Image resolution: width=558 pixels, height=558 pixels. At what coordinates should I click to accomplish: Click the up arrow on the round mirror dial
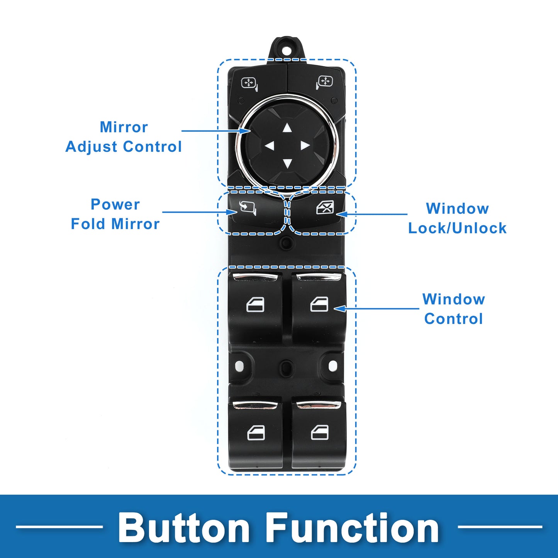pyautogui.click(x=287, y=128)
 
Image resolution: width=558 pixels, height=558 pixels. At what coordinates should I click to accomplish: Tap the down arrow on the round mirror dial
pyautogui.click(x=287, y=163)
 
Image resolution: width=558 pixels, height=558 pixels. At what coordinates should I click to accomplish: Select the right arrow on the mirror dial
pyautogui.click(x=305, y=146)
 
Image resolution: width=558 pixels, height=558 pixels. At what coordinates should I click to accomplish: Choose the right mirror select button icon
pyautogui.click(x=324, y=82)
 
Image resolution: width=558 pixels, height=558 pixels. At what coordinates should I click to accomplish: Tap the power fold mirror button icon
pyautogui.click(x=248, y=207)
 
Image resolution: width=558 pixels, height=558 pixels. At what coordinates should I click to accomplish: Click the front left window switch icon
pyautogui.click(x=255, y=305)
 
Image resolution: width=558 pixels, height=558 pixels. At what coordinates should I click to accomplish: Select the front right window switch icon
pyautogui.click(x=319, y=304)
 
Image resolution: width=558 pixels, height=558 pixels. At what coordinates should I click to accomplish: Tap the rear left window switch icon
pyautogui.click(x=256, y=432)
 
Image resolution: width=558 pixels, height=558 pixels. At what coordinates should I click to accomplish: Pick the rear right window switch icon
pyautogui.click(x=320, y=432)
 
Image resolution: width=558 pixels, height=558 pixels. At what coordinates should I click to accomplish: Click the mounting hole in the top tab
pyautogui.click(x=287, y=50)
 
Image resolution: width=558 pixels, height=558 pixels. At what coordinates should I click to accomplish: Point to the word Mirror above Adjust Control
pyautogui.click(x=124, y=127)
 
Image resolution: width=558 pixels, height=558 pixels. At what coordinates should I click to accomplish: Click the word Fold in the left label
pyautogui.click(x=88, y=224)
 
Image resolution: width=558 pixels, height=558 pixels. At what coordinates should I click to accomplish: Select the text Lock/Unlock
pyautogui.click(x=457, y=228)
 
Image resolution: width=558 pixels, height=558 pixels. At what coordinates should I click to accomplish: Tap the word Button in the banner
pyautogui.click(x=184, y=527)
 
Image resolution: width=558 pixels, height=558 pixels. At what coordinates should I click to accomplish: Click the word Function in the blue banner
pyautogui.click(x=353, y=527)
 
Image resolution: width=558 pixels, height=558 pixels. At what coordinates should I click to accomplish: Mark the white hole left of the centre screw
pyautogui.click(x=238, y=365)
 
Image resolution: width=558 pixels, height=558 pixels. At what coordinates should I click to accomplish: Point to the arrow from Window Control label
pyautogui.click(x=377, y=309)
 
